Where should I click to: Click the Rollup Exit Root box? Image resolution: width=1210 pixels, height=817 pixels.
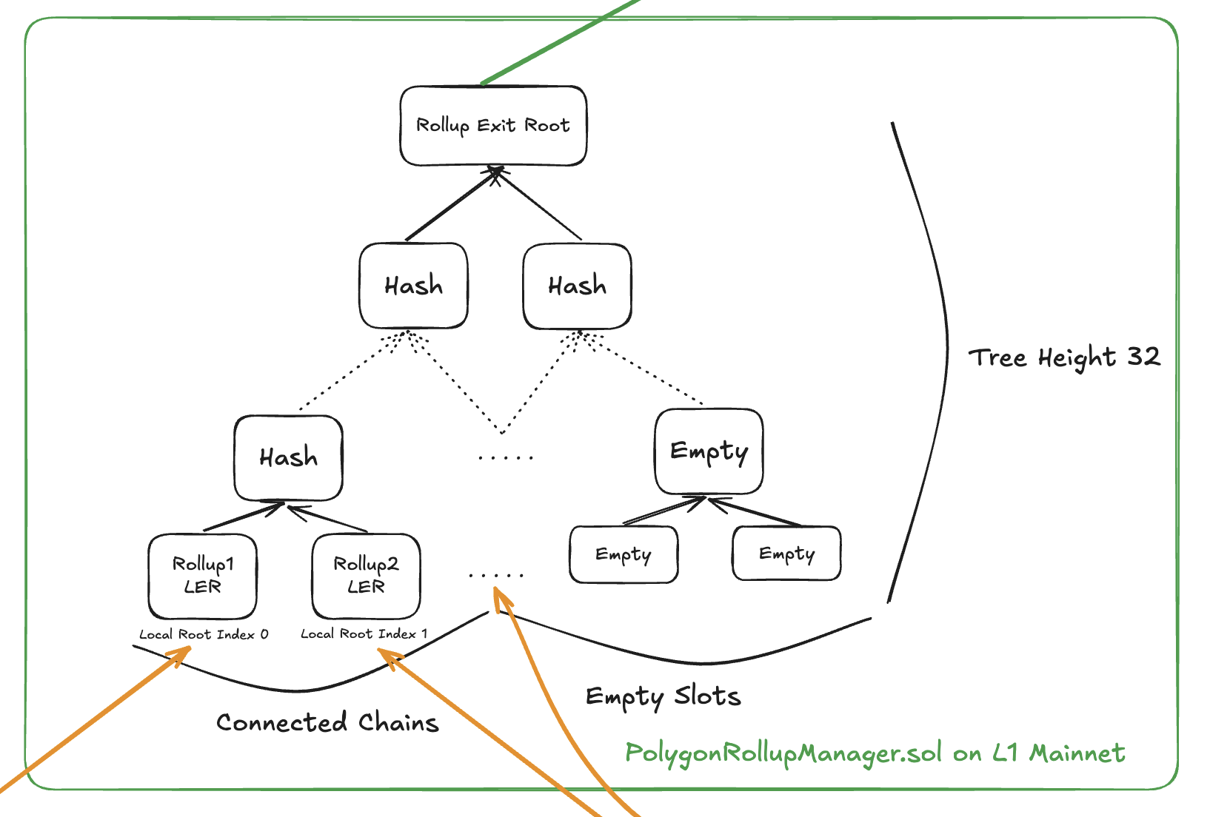point(493,126)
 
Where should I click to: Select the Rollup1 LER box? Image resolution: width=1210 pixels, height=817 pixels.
point(203,576)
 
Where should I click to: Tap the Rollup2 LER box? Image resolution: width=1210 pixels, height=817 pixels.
point(367,576)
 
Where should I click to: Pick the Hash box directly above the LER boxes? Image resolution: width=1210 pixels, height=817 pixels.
point(289,457)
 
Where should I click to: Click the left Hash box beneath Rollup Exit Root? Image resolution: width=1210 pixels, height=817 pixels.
point(413,286)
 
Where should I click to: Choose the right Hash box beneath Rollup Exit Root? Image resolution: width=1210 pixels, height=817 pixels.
point(577,286)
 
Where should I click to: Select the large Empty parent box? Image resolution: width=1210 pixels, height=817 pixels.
point(709,451)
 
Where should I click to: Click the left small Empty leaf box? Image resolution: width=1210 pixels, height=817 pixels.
point(624,554)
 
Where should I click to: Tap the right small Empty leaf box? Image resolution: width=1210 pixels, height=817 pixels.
point(786,554)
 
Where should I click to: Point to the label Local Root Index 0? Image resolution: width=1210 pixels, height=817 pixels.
point(204,634)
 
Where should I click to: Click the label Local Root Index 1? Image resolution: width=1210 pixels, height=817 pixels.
point(364,633)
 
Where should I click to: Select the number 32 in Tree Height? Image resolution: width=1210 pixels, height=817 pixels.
point(1143,357)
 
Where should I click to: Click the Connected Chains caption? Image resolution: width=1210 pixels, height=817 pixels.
point(327,722)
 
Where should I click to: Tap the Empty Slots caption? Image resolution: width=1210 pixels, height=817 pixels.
point(663,696)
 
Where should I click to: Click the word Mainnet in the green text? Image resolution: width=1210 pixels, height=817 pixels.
point(1077,753)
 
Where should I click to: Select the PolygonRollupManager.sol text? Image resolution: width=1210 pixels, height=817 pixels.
point(783,753)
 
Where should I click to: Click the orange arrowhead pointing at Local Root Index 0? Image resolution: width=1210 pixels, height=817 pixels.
point(181,654)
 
